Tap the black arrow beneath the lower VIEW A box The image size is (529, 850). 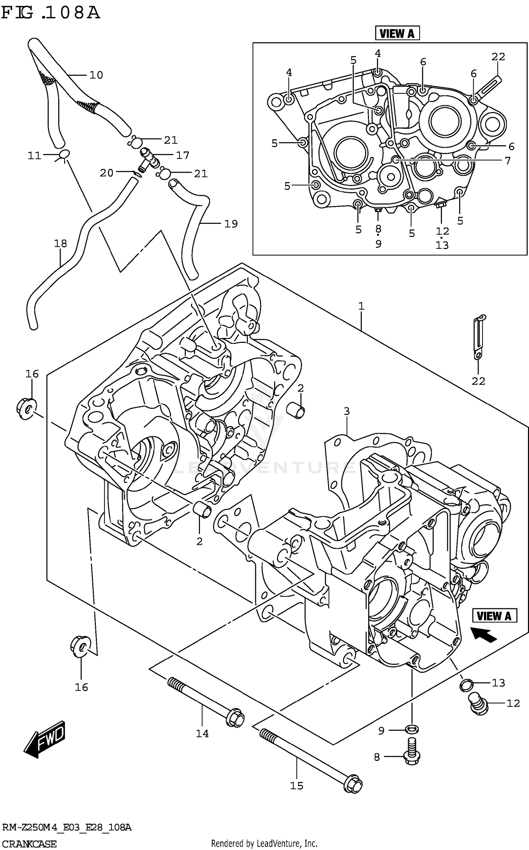484,634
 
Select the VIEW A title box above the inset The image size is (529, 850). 397,33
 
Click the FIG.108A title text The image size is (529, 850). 50,13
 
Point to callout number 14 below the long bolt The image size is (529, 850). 202,733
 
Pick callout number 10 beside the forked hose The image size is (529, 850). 96,75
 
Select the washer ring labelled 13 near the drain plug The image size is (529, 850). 466,685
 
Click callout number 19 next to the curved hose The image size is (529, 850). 231,224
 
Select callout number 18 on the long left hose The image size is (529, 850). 60,243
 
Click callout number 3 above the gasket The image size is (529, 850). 347,411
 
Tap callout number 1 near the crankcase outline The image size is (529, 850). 361,306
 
